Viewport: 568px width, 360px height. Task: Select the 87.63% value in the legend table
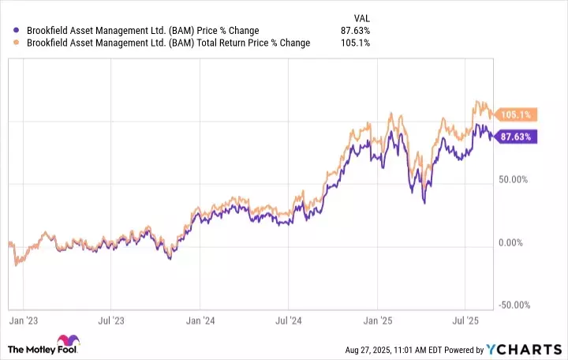(x=356, y=31)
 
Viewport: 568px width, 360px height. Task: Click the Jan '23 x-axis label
(x=24, y=321)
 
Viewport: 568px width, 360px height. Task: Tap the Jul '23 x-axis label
(x=112, y=321)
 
